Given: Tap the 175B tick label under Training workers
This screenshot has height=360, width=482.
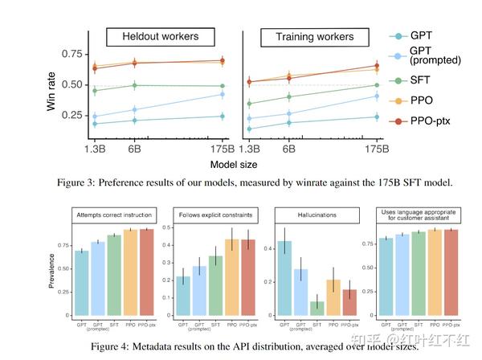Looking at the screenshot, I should pos(375,149).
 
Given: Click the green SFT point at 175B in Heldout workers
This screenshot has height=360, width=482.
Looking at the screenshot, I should pos(222,86).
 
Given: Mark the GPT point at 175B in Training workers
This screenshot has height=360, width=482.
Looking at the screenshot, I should pos(375,117).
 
